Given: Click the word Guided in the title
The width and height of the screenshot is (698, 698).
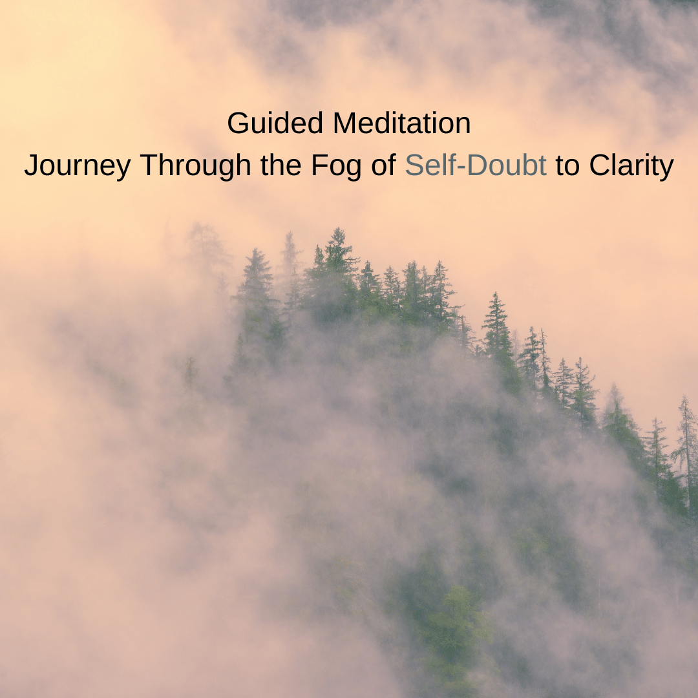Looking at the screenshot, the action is click(275, 123).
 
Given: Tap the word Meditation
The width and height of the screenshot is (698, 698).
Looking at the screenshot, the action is click(402, 123).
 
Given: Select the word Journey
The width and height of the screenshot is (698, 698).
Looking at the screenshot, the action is click(78, 165).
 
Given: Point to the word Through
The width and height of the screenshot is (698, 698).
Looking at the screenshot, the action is click(195, 165).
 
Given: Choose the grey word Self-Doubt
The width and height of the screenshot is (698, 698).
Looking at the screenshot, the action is click(476, 165).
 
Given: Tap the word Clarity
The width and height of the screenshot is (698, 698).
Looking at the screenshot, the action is click(631, 165).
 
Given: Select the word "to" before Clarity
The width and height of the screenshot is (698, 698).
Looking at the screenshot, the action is click(567, 165).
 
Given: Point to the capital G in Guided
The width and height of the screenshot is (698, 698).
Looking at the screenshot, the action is click(238, 123).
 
